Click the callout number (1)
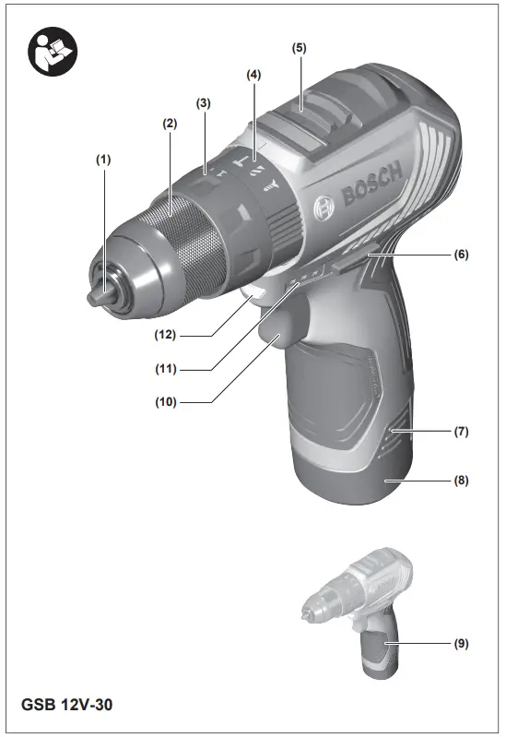click(103, 159)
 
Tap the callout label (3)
click(205, 104)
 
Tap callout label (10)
click(169, 402)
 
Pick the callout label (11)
click(169, 369)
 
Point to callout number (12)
click(169, 334)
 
